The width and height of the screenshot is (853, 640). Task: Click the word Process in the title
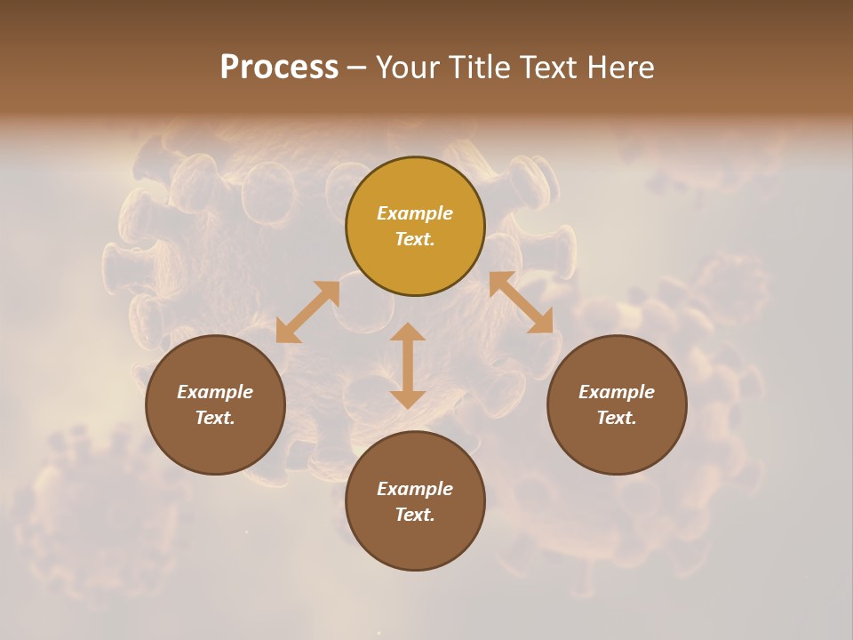pyautogui.click(x=279, y=68)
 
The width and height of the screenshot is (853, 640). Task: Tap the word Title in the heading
pyautogui.click(x=484, y=68)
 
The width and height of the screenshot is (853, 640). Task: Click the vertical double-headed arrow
pyautogui.click(x=408, y=365)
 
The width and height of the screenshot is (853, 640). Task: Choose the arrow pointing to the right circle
pyautogui.click(x=522, y=302)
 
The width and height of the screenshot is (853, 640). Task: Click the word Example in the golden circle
pyautogui.click(x=415, y=213)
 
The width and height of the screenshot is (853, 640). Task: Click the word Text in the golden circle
pyautogui.click(x=414, y=239)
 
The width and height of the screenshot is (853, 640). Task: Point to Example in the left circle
pyautogui.click(x=215, y=392)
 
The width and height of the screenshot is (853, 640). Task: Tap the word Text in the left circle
pyautogui.click(x=214, y=418)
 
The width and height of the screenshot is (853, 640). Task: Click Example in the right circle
pyautogui.click(x=617, y=392)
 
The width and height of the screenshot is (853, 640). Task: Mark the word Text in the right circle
pyautogui.click(x=616, y=418)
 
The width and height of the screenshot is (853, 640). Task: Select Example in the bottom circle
pyautogui.click(x=415, y=489)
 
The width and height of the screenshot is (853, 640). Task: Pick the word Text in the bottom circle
pyautogui.click(x=414, y=515)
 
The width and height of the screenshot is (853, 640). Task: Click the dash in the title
pyautogui.click(x=356, y=68)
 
